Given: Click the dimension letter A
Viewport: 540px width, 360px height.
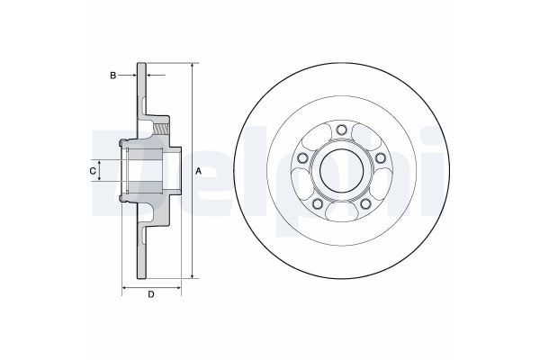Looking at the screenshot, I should (198, 171).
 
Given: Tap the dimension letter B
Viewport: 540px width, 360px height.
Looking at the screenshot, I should (113, 76).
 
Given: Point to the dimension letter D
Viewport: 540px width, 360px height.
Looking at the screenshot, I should (150, 293).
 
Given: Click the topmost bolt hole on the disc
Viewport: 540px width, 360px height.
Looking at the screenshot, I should (341, 132).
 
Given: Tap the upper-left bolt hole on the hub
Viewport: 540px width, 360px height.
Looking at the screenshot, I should (302, 159).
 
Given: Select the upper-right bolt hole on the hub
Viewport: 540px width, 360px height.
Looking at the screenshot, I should (380, 159).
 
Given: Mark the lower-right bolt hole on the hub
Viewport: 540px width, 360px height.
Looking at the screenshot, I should (365, 205).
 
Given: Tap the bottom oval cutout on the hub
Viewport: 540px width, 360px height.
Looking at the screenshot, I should (341, 211).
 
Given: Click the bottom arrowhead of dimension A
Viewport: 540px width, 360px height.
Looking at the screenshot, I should (192, 275).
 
